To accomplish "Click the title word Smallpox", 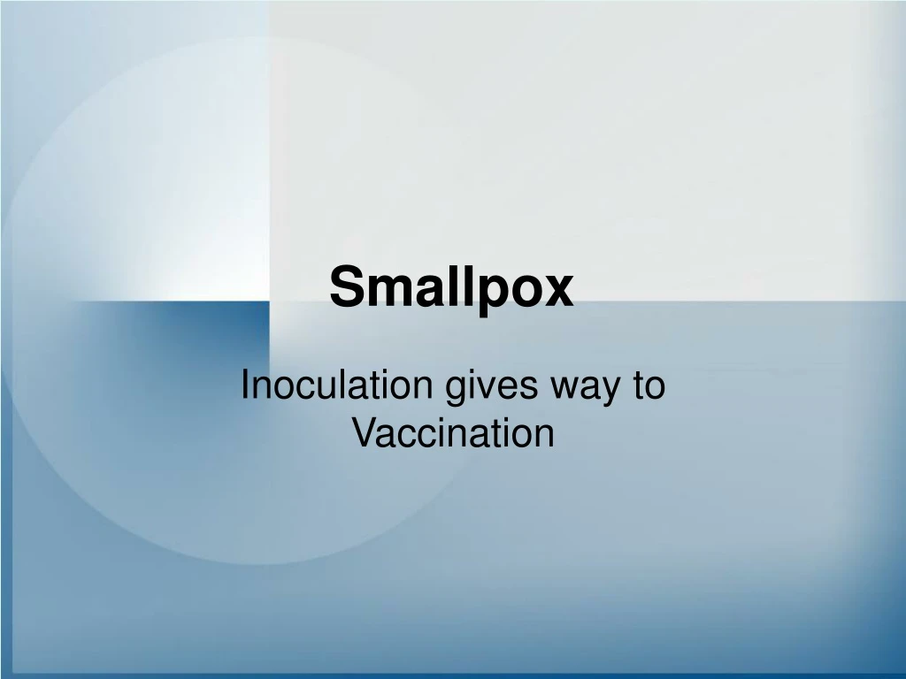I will click(x=451, y=289).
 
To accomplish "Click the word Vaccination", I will click(x=453, y=434).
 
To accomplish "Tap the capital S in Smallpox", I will click(x=346, y=288).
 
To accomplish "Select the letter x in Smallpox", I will click(x=559, y=292).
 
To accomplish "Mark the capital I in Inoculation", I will click(x=246, y=387).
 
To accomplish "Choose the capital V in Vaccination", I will click(x=363, y=433).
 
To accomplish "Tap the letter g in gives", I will click(x=453, y=393).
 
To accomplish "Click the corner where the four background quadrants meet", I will click(x=269, y=301).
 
